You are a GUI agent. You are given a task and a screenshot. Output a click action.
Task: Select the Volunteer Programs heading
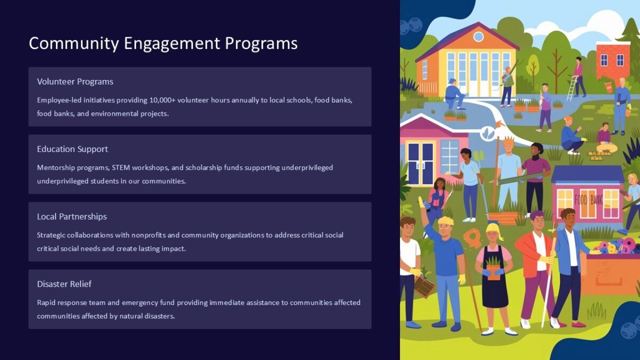75,82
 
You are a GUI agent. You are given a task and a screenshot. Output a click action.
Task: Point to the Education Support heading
73,149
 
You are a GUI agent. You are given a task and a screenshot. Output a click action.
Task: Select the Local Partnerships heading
72,217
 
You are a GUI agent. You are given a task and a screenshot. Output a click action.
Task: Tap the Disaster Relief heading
64,284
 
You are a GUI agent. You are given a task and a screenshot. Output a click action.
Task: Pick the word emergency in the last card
148,302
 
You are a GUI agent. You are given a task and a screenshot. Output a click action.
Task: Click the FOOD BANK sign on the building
589,201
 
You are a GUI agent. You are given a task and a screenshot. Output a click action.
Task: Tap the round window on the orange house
478,37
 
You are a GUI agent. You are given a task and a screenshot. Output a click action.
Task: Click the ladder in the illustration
572,88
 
